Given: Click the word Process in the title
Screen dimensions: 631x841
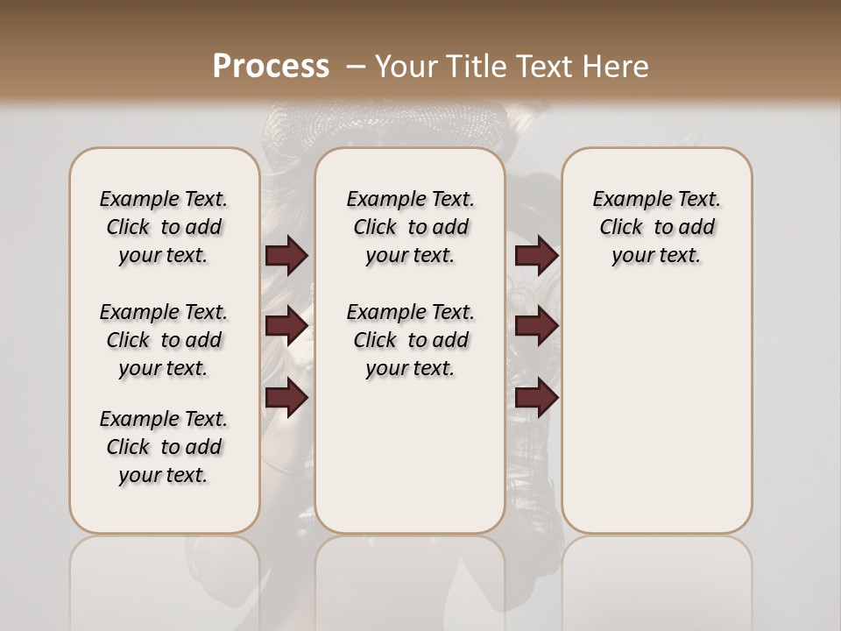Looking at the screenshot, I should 271,66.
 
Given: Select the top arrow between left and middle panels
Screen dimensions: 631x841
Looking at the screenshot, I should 286,255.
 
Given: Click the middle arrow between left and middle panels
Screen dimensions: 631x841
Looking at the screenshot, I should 286,326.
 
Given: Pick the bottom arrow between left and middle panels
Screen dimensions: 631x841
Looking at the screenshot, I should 286,398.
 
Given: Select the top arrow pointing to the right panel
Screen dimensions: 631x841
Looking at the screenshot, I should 536,255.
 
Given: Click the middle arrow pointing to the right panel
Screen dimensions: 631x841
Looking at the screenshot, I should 536,326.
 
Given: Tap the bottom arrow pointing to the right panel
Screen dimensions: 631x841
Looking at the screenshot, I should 536,398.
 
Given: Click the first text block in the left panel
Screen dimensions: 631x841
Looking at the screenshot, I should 164,227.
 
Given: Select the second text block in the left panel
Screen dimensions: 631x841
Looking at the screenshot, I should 164,340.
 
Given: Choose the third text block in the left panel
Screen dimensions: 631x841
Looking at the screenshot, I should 164,447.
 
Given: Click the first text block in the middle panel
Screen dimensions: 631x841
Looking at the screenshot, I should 411,227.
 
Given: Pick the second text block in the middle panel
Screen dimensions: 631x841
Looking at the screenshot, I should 411,340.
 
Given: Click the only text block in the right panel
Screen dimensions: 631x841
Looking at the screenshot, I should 657,227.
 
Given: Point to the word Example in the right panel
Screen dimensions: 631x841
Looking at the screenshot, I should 625,200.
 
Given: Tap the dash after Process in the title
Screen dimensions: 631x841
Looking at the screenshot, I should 355,66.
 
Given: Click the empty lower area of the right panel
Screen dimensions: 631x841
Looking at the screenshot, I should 657,412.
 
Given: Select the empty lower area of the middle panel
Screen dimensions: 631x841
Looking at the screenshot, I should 411,456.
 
